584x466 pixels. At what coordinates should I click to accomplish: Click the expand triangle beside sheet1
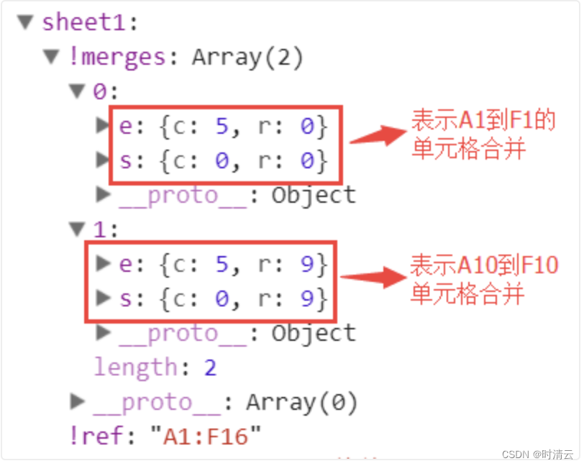point(27,22)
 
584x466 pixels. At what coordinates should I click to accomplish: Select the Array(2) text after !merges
point(247,57)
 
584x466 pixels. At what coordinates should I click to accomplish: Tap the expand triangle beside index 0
point(77,91)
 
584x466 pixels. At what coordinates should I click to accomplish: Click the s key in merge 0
point(126,160)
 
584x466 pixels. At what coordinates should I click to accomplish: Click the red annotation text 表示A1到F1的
point(483,121)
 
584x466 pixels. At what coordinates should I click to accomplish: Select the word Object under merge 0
point(313,195)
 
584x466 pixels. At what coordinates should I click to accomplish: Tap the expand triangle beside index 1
point(77,229)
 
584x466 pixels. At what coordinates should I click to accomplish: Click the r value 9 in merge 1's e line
point(307,265)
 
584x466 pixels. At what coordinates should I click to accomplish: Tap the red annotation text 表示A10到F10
point(483,265)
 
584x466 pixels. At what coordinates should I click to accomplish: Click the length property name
point(135,367)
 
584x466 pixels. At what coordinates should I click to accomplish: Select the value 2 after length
point(210,367)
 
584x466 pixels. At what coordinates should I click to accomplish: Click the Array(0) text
point(301,402)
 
